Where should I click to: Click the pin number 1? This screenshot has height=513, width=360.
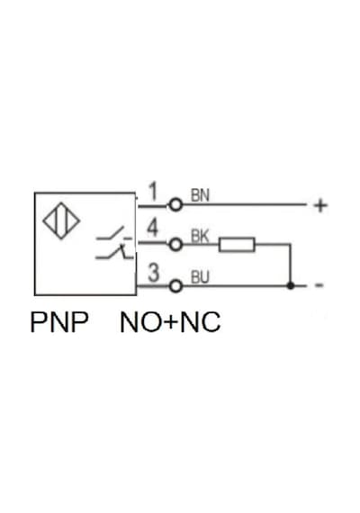153,192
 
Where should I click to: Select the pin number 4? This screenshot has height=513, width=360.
153,228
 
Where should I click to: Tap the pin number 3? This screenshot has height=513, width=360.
154,273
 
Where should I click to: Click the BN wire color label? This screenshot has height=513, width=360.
200,195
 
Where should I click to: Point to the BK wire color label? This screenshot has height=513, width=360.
200,236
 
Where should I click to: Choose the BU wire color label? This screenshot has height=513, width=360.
200,277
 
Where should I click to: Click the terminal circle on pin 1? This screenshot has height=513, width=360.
175,205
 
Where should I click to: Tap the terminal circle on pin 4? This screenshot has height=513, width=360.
175,244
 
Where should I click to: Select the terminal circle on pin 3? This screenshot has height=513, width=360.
175,286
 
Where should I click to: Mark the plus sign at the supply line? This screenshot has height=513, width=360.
320,205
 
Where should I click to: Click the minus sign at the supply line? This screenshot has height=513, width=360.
319,285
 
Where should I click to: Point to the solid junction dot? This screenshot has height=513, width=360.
291,285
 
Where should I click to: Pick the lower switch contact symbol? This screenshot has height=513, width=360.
115,252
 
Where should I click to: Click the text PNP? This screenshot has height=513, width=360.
59,322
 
